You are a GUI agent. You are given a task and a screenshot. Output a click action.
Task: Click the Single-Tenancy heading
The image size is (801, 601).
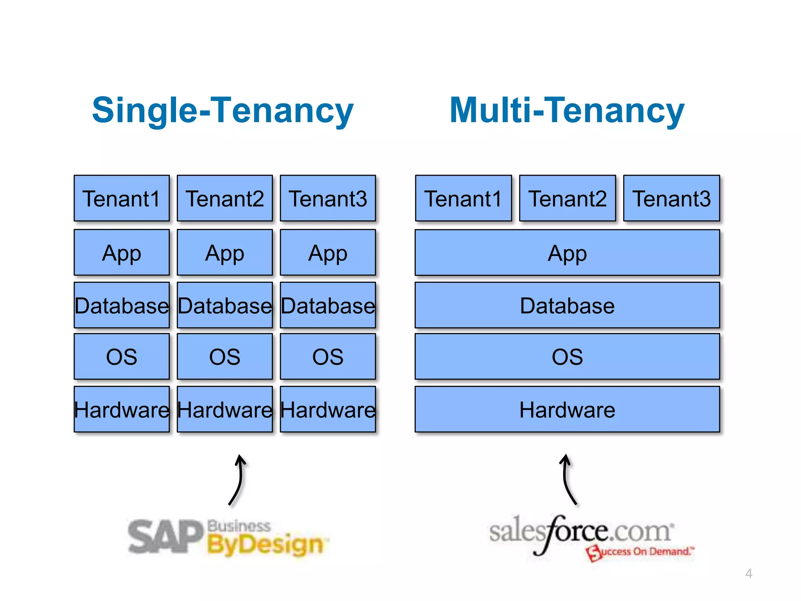click(223, 111)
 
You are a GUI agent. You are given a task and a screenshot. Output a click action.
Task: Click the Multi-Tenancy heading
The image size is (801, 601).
click(567, 111)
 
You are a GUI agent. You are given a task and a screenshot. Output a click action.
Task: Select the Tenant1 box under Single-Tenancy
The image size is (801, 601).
click(122, 198)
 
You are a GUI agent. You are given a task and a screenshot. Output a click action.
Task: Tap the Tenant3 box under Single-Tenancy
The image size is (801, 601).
click(328, 198)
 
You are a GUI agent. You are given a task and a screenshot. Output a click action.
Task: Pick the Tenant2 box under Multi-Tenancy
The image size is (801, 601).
click(568, 198)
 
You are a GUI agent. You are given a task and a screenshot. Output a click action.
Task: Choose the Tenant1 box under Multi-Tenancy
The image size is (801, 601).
click(463, 198)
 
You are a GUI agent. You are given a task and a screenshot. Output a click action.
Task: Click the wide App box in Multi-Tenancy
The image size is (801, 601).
click(567, 253)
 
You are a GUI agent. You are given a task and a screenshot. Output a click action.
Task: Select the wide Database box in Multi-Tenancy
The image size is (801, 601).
click(567, 305)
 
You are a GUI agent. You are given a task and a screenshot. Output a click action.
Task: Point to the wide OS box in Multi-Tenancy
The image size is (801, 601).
click(567, 356)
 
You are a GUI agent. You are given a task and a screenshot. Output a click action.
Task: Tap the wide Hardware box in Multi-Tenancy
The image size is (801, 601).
click(567, 409)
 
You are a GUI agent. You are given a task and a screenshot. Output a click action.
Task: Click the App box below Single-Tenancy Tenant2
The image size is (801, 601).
click(225, 253)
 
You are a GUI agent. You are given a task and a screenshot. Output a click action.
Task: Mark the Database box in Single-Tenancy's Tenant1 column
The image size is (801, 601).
click(122, 305)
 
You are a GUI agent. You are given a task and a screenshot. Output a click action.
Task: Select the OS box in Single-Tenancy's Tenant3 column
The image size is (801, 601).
click(328, 356)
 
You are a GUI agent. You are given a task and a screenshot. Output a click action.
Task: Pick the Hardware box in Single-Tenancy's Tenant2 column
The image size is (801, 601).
click(225, 409)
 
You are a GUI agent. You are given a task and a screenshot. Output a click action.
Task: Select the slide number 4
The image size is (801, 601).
click(749, 574)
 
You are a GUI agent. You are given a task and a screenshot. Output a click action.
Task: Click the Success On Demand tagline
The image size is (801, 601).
click(641, 552)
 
